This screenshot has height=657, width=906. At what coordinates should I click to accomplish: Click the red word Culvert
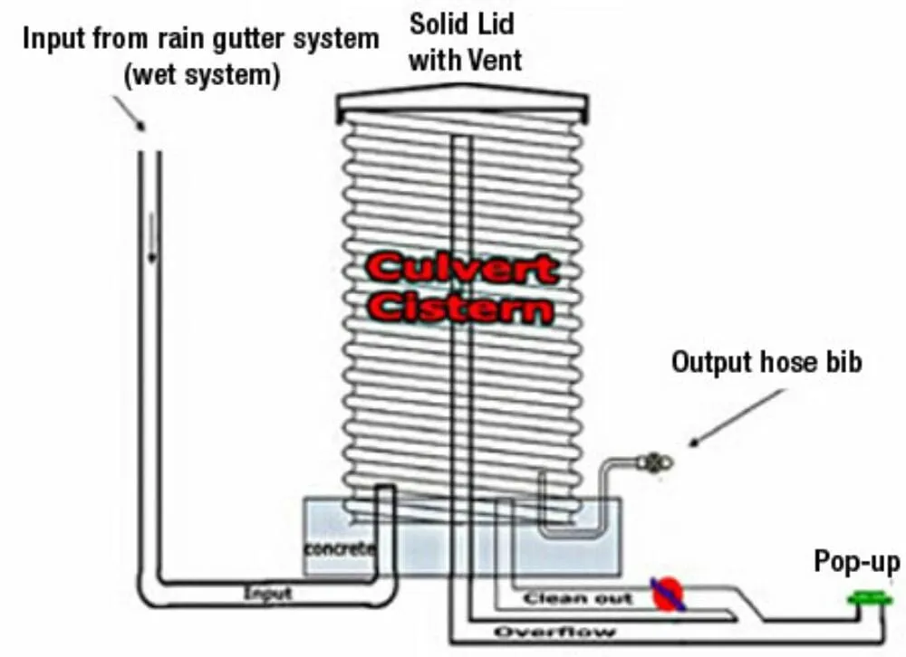click(x=461, y=269)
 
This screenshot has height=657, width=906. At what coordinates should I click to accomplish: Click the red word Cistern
click(x=461, y=308)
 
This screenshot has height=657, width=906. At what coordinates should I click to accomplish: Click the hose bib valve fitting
click(x=654, y=462)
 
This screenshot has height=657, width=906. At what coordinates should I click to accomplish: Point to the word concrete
click(x=339, y=549)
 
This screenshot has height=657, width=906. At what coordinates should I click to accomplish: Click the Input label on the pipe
click(x=268, y=594)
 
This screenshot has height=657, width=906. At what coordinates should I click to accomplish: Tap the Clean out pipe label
click(x=577, y=598)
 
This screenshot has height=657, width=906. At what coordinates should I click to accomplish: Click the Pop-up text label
click(x=856, y=563)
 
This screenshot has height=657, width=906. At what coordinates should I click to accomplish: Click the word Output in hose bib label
click(x=712, y=362)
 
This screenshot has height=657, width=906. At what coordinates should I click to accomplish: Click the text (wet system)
click(x=200, y=74)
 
